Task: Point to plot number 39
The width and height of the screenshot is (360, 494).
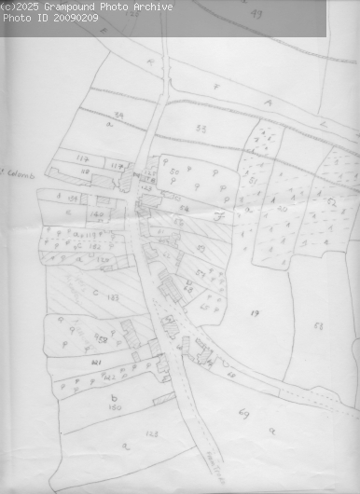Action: pos(119,116)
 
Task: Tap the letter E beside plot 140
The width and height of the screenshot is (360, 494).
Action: pos(70,213)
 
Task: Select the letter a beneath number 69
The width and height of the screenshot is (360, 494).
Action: pos(271,431)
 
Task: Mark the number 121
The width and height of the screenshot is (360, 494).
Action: pos(96,360)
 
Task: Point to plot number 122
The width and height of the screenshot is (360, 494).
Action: pos(109,376)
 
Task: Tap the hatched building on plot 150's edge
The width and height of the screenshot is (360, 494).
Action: pos(164,399)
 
